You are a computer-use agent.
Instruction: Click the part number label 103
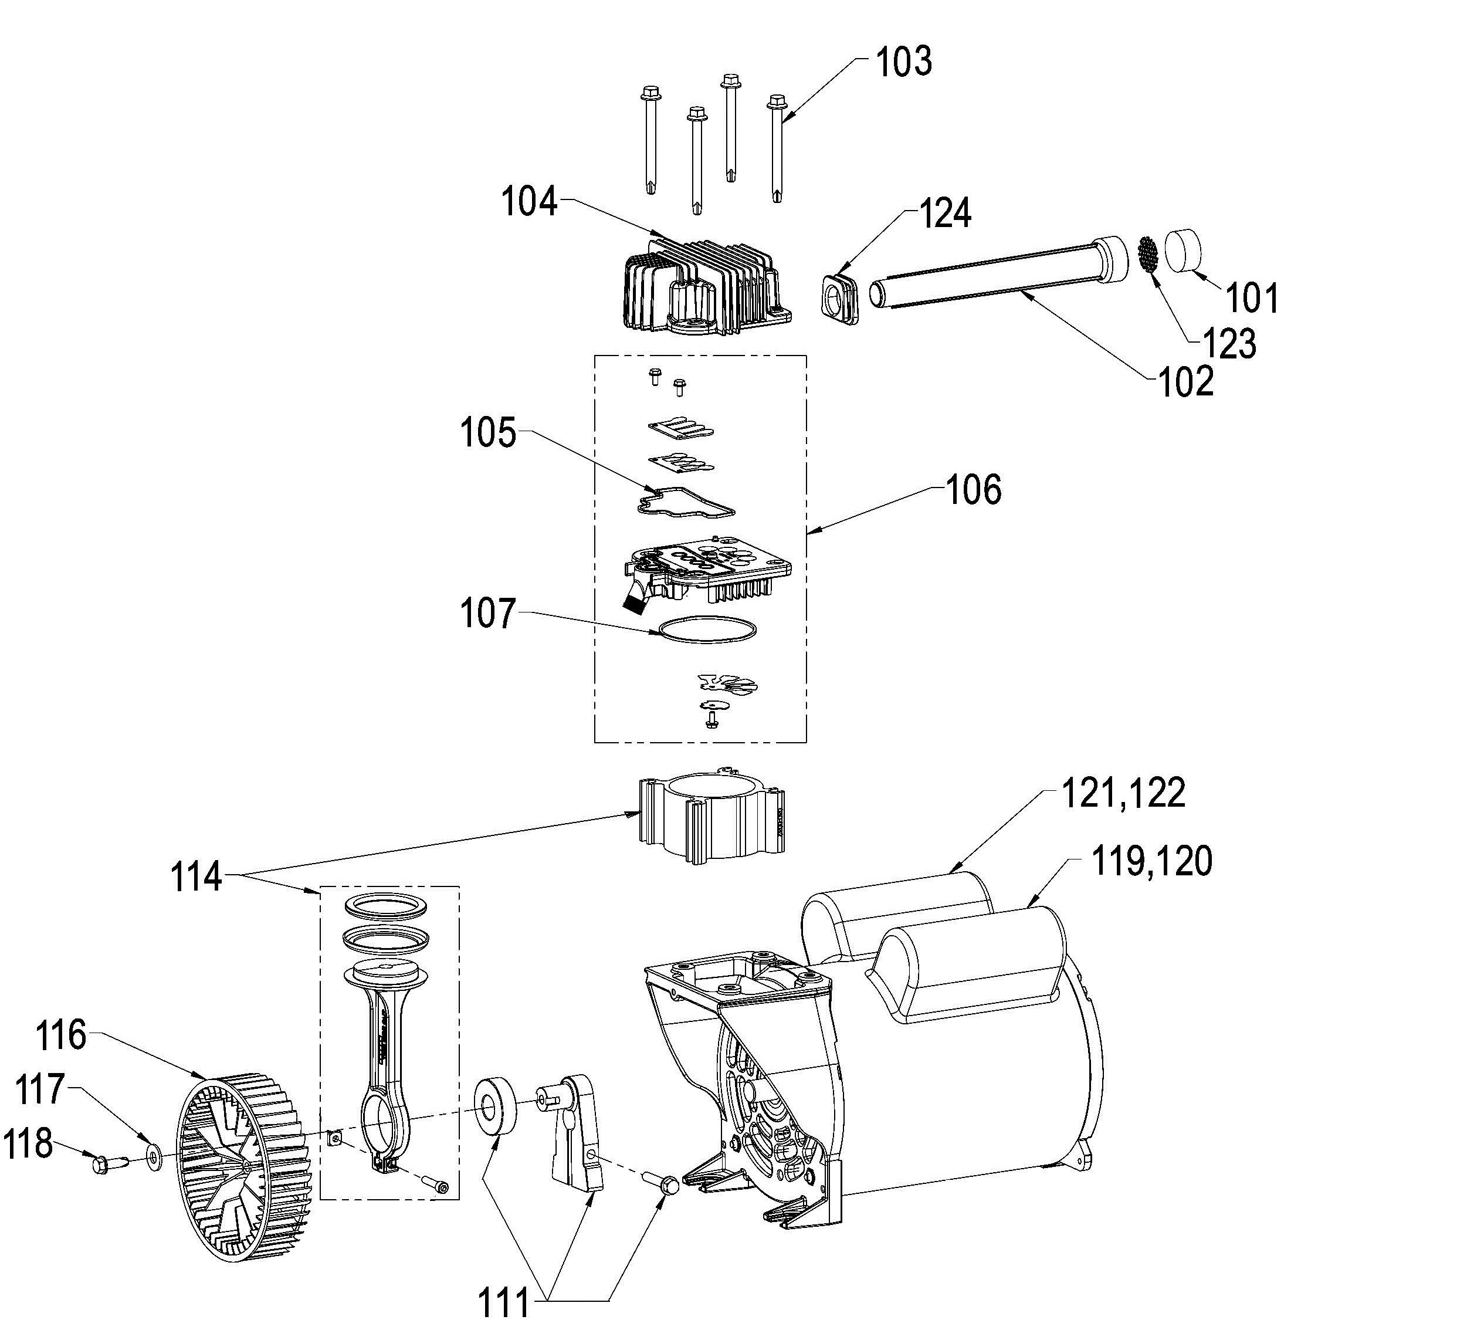(x=904, y=62)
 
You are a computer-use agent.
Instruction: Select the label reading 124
(x=945, y=214)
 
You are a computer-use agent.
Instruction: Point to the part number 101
(x=1252, y=298)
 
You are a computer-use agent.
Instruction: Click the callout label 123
(x=1229, y=343)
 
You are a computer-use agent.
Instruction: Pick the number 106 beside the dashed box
(x=973, y=490)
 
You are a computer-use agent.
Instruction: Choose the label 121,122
(x=1123, y=793)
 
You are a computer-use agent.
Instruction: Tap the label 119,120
(x=1151, y=861)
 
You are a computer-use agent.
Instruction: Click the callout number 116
(x=62, y=1035)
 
